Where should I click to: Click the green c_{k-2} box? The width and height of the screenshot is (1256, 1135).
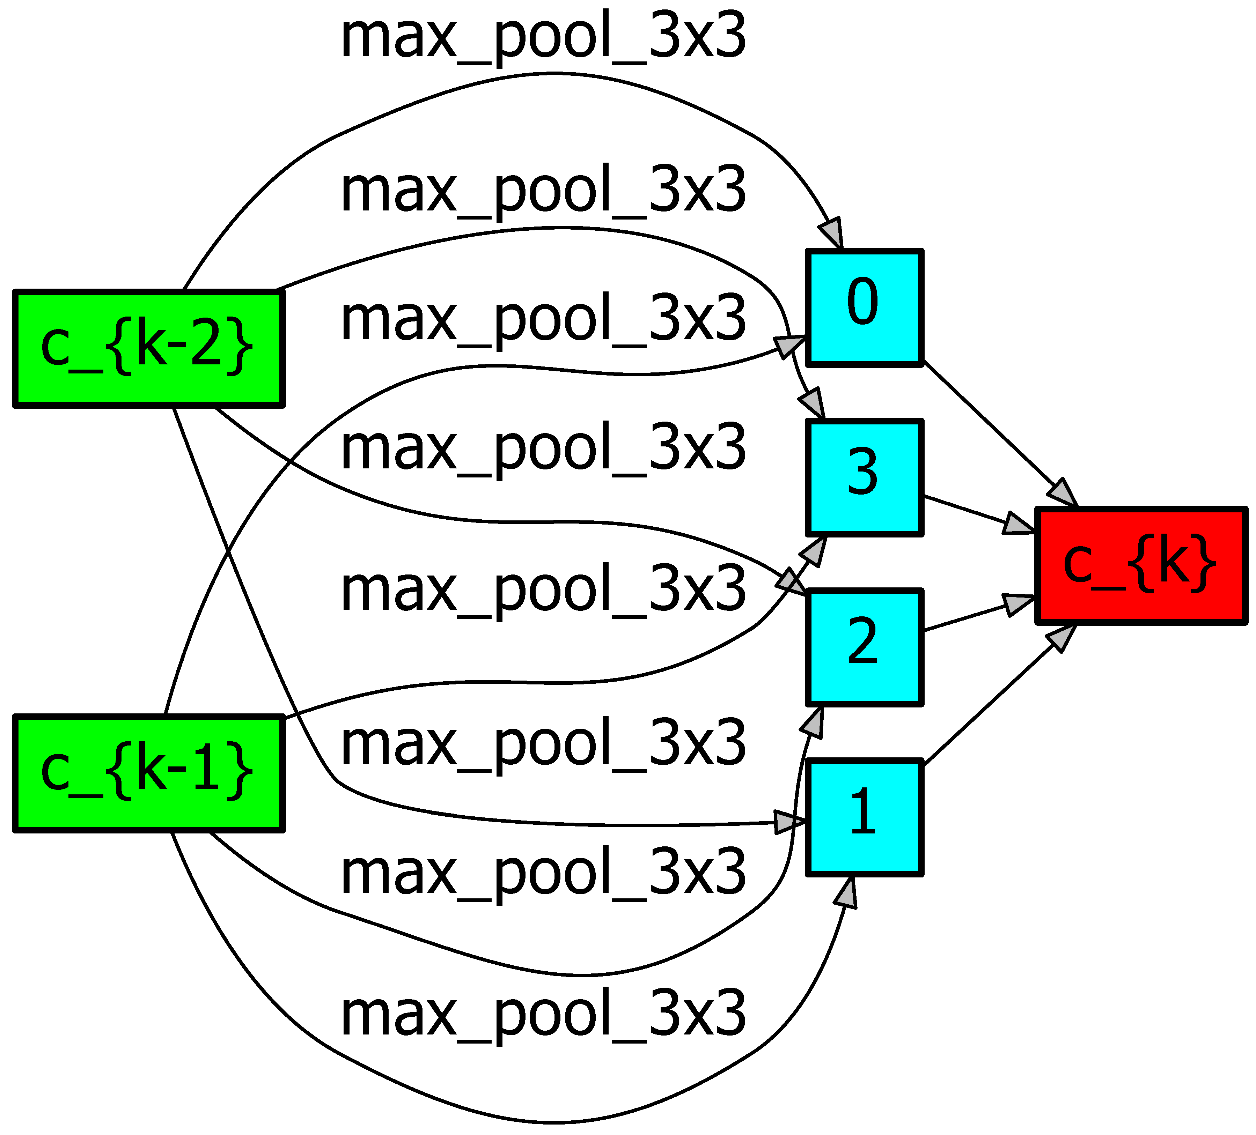tap(148, 349)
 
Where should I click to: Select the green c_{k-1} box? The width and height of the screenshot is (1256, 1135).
tap(148, 774)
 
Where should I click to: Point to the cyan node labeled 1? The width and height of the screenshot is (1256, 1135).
tap(864, 817)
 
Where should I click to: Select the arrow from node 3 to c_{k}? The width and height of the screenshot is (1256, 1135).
tap(972, 512)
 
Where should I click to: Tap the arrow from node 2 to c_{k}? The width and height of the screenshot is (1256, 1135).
tap(972, 616)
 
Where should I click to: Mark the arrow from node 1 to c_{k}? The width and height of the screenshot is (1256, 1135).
tap(991, 704)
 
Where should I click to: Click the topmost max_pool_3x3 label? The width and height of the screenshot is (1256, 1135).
tap(542, 39)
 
